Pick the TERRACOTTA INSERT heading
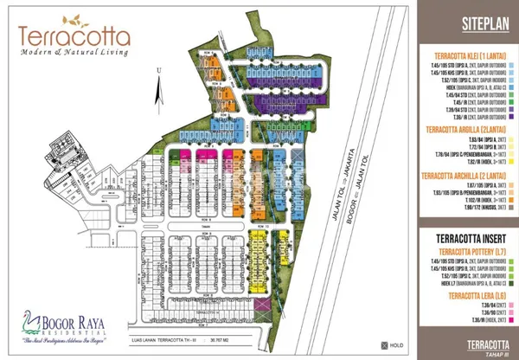coord(464,234)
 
